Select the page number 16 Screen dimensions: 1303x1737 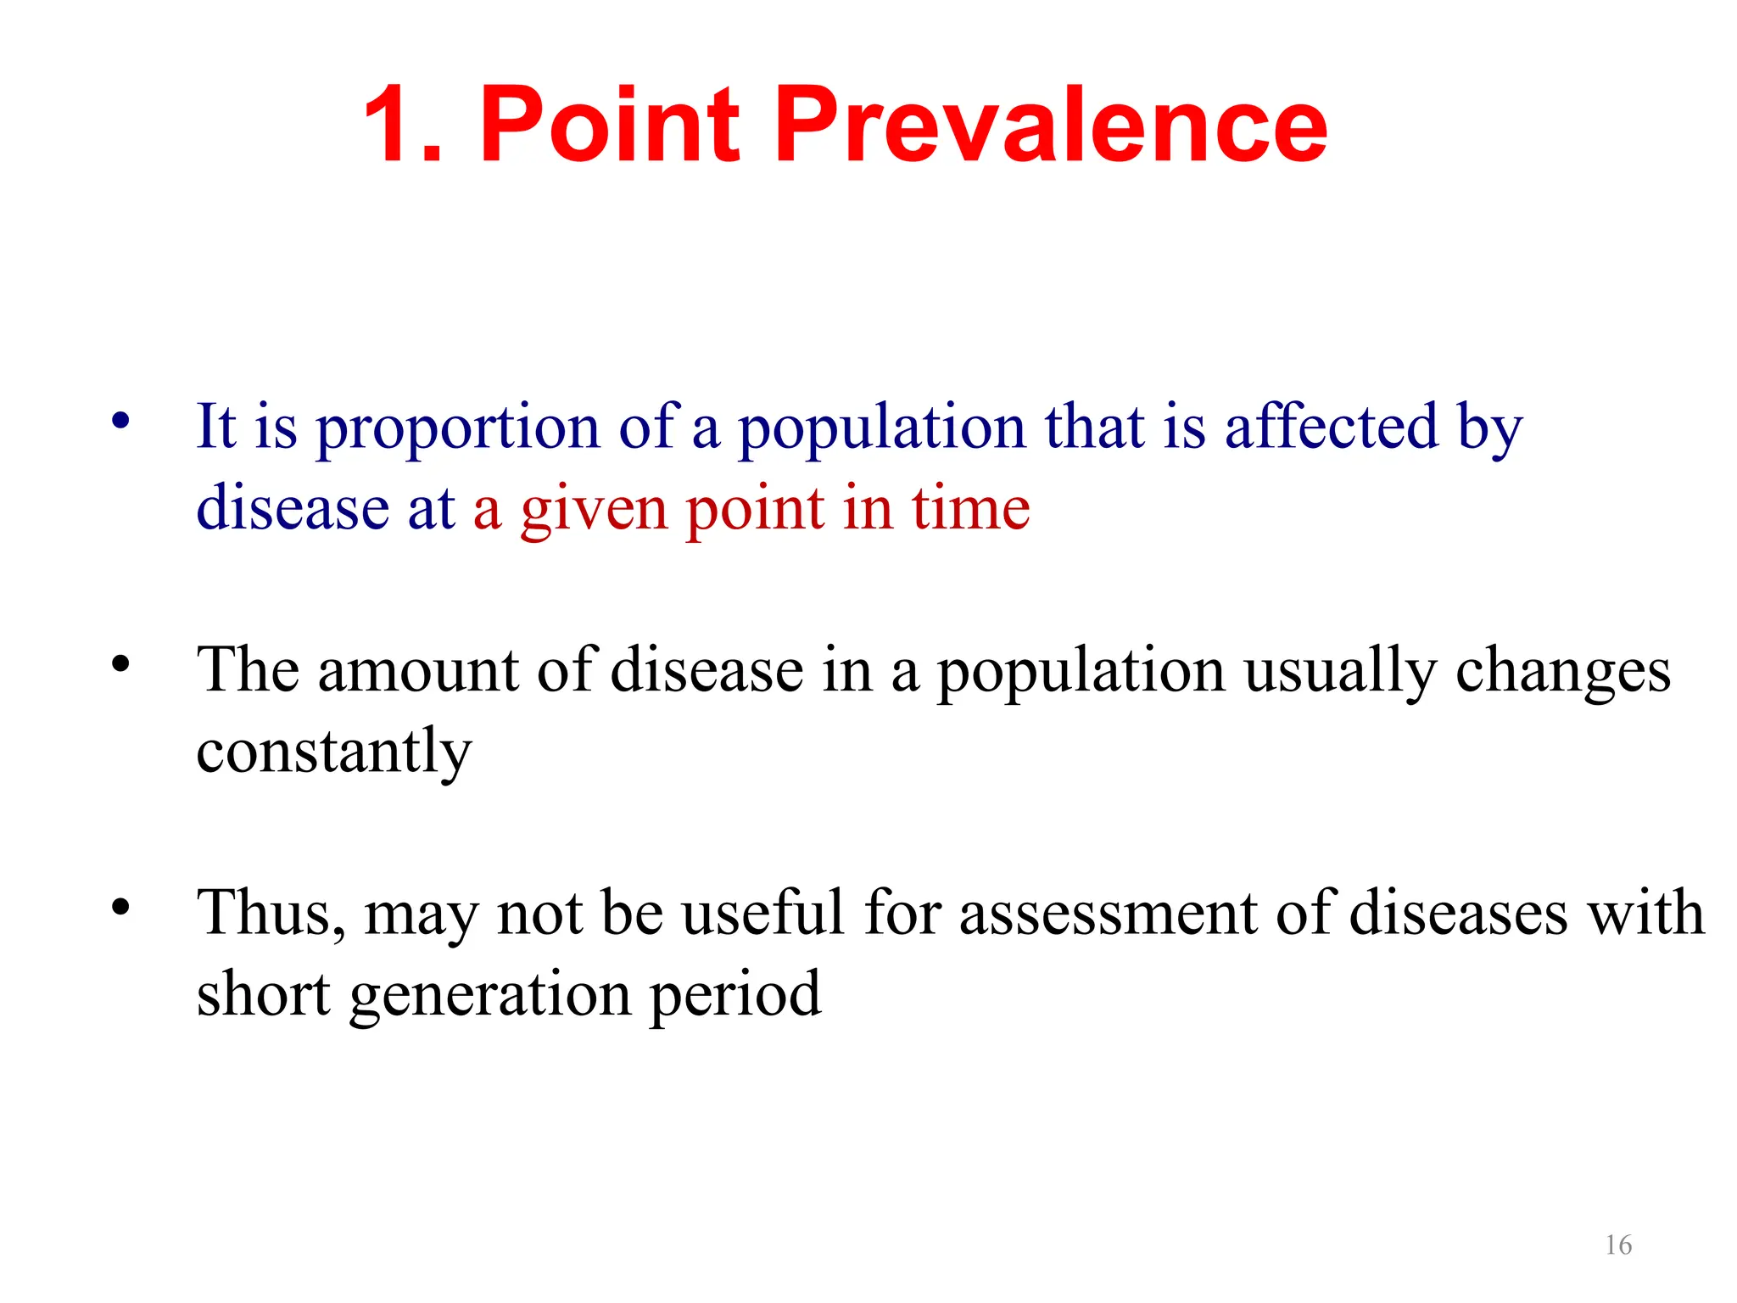tap(1618, 1244)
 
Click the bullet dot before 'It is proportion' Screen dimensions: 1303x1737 tap(121, 420)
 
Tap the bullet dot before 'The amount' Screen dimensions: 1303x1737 tap(121, 663)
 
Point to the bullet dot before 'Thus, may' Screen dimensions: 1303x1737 tap(121, 906)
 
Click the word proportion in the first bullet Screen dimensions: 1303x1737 tap(458, 428)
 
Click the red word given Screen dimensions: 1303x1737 tap(594, 511)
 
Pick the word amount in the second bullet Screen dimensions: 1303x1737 tap(417, 670)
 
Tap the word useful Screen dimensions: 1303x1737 tap(763, 914)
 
